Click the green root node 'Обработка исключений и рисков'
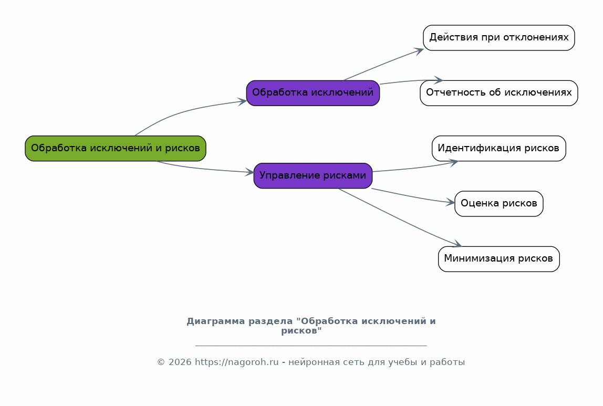point(116,149)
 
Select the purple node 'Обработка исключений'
point(313,93)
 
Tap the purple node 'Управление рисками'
point(313,176)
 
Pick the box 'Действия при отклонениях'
point(499,38)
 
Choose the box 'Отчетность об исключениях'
point(499,93)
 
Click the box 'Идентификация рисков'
point(499,149)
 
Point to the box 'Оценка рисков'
point(499,204)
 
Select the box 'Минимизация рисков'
point(499,259)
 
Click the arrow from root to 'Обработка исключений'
point(184,111)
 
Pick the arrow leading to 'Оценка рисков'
point(413,196)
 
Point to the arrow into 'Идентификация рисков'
point(415,168)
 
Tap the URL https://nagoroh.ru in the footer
point(236,362)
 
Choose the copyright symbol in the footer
point(161,362)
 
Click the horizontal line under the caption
point(311,346)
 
